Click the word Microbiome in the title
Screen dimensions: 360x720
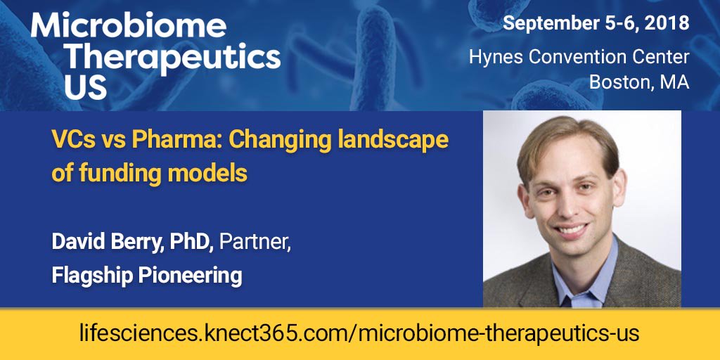click(129, 27)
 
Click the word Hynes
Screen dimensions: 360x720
click(494, 57)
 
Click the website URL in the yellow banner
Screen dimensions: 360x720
click(359, 333)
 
